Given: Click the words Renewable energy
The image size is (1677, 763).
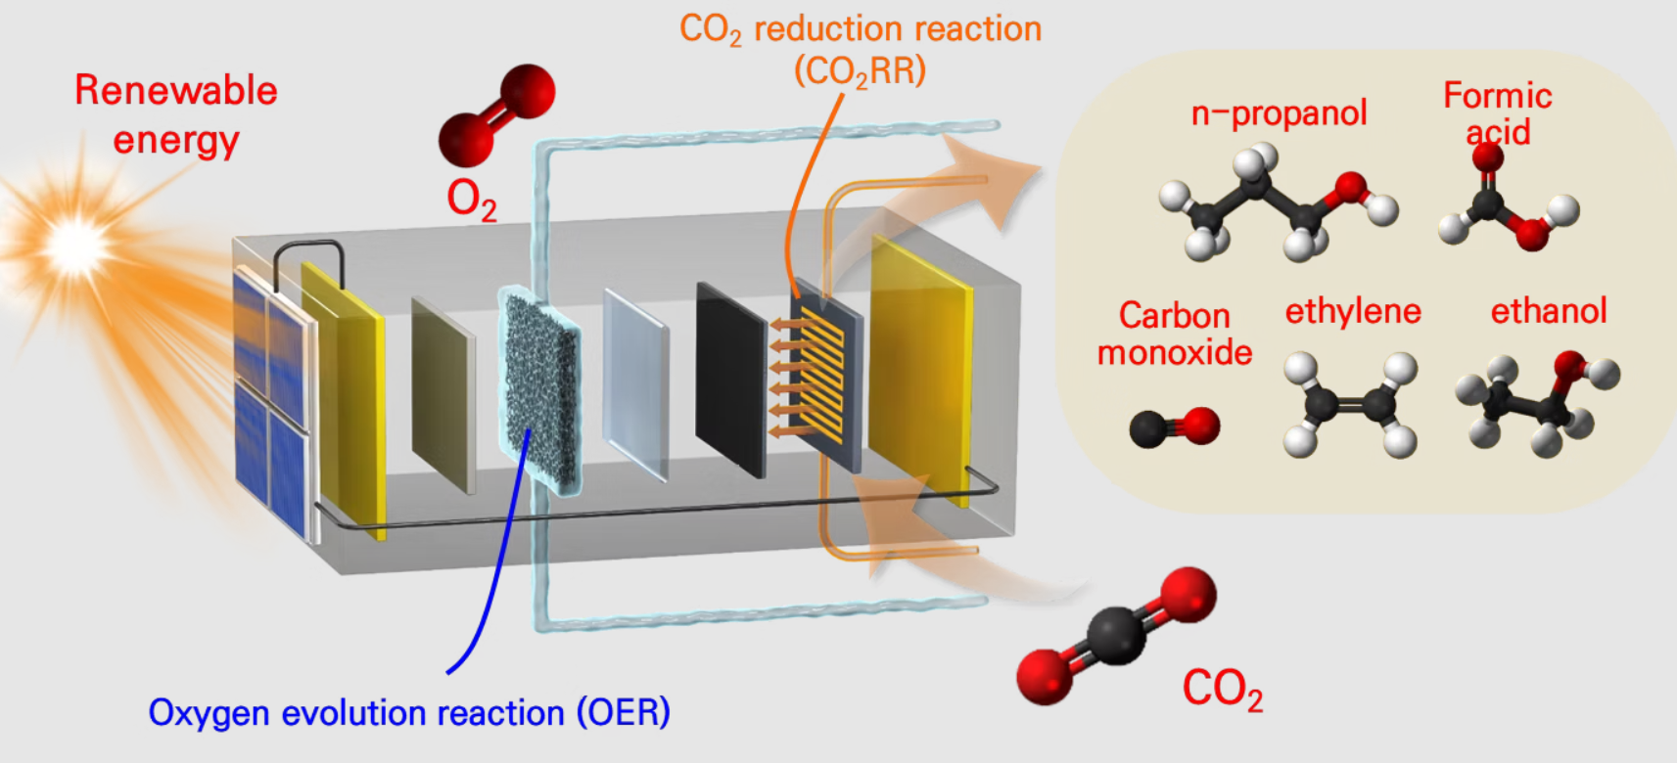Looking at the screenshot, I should coord(176,114).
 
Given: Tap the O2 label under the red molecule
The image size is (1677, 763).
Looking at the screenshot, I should coord(471,200).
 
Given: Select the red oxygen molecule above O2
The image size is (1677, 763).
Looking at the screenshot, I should coord(496,114).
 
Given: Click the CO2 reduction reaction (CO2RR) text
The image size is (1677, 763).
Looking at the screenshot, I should coord(861,49).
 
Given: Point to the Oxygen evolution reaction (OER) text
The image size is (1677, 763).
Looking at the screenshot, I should coord(409,712).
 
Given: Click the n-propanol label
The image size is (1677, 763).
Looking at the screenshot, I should coord(1279,113).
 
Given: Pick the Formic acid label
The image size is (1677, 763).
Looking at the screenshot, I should coord(1498,113).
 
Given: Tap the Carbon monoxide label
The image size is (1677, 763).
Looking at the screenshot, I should coord(1175,334).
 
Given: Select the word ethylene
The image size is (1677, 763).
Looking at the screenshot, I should coord(1353,311).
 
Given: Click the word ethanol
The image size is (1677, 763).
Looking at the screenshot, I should coord(1549,311).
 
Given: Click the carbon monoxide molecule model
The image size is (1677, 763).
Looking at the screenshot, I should coord(1175,426).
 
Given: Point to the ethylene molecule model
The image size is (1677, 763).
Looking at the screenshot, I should coord(1351,405).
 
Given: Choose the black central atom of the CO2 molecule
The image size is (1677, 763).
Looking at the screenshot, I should coord(1117,634).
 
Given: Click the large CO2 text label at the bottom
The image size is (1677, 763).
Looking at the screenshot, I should coord(1222,688).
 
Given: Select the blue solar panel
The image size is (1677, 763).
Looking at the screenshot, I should coord(272,401).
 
